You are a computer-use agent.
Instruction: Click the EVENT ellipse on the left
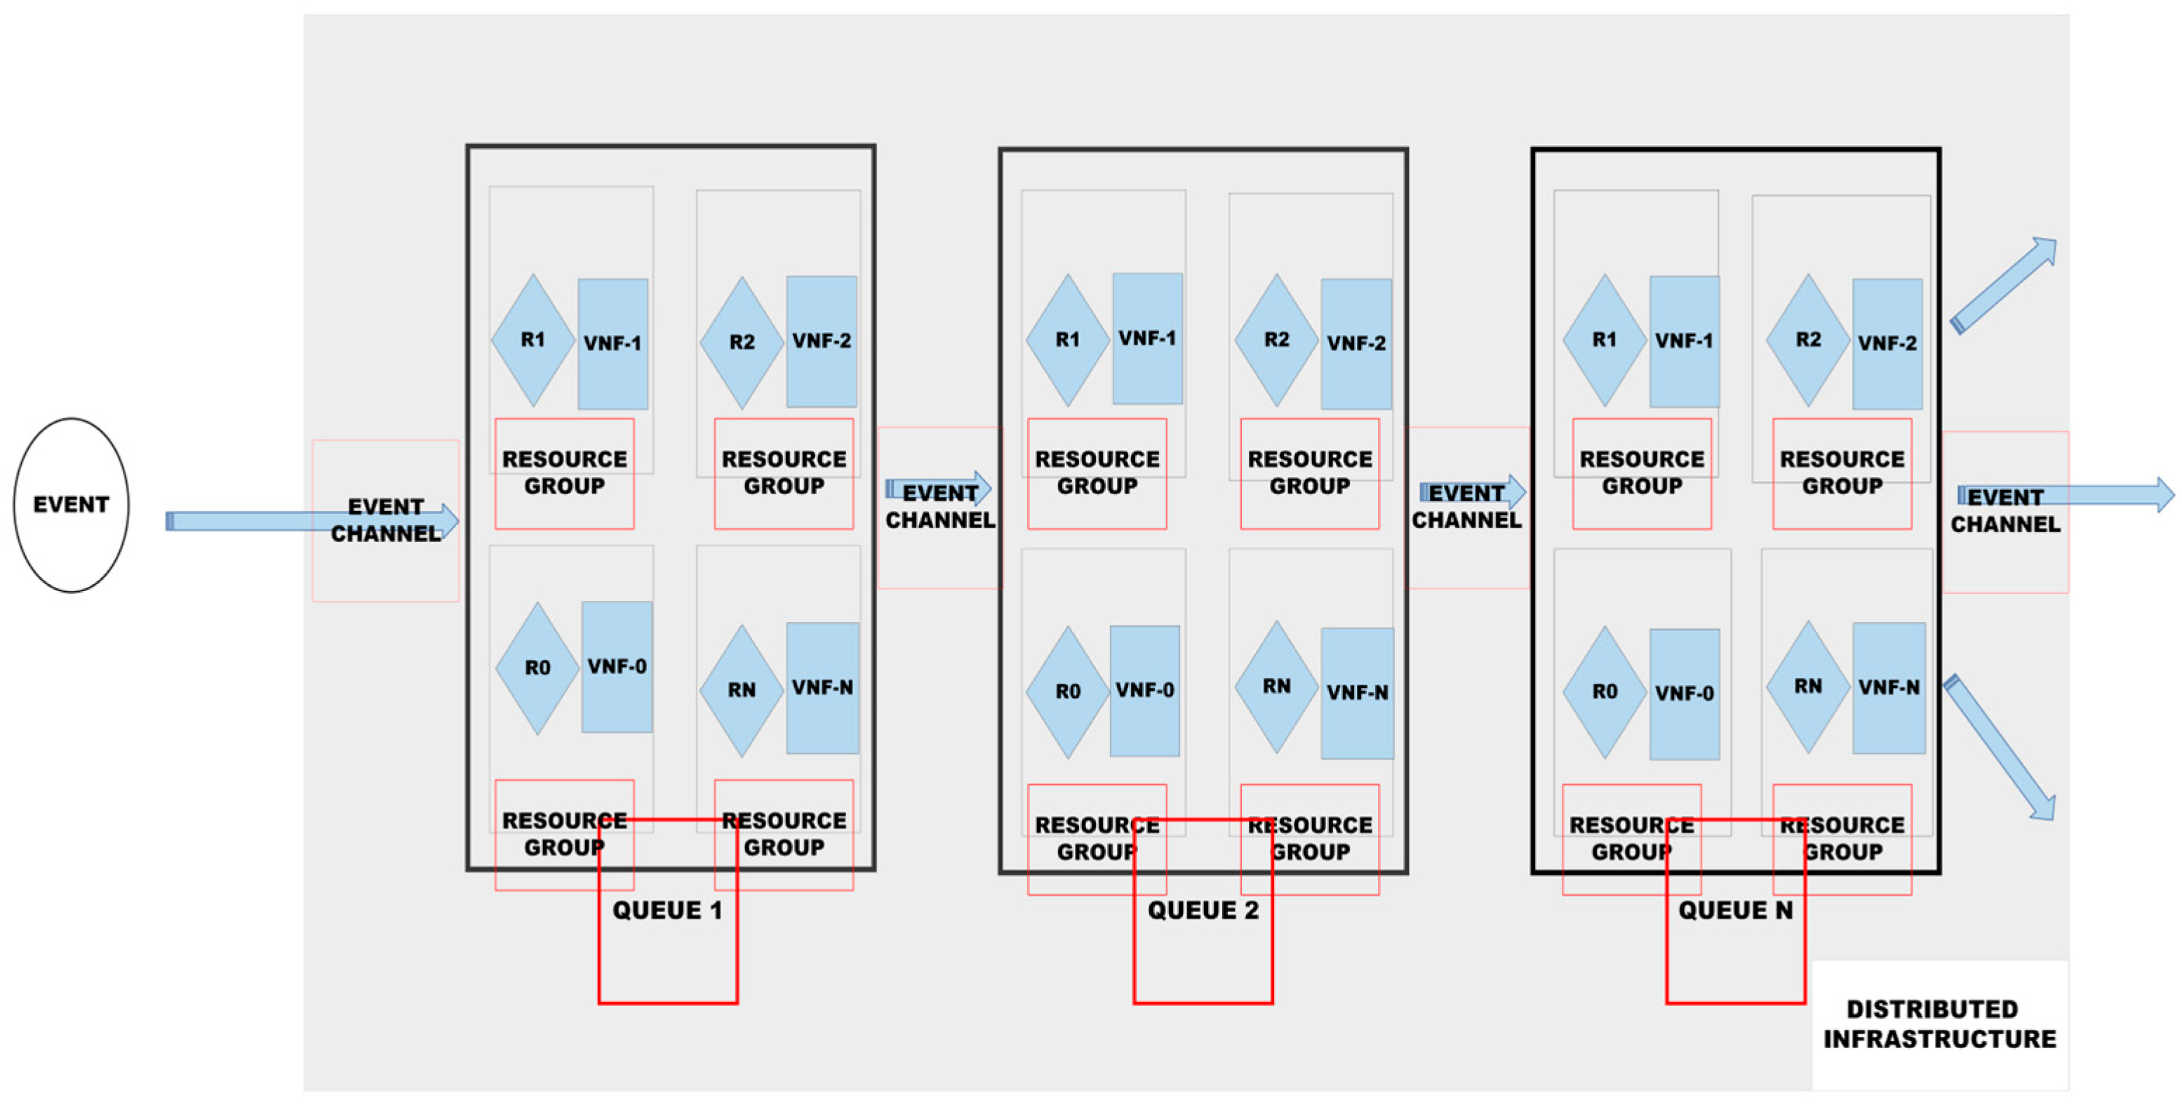(x=71, y=505)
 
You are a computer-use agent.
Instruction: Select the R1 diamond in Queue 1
(x=533, y=340)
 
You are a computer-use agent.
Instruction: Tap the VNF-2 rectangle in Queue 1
(x=821, y=341)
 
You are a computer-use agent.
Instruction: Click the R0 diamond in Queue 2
(x=1067, y=692)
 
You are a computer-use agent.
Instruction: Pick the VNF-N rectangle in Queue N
(x=1888, y=687)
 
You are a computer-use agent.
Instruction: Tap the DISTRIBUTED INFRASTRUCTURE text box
(x=1939, y=1024)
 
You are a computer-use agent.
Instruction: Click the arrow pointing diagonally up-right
(x=2004, y=286)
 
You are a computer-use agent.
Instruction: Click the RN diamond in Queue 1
(x=741, y=691)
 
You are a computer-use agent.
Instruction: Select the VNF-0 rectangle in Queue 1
(x=617, y=667)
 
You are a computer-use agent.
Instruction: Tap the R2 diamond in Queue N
(x=1807, y=340)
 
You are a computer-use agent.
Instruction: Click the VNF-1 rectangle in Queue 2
(x=1147, y=338)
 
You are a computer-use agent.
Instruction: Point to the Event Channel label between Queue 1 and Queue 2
(x=939, y=507)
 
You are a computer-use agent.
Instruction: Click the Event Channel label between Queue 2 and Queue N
(x=1466, y=507)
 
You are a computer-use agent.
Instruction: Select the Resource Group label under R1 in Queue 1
(x=564, y=473)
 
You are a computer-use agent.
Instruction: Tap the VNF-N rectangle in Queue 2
(x=1357, y=693)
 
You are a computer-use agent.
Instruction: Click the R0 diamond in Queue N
(x=1605, y=692)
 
